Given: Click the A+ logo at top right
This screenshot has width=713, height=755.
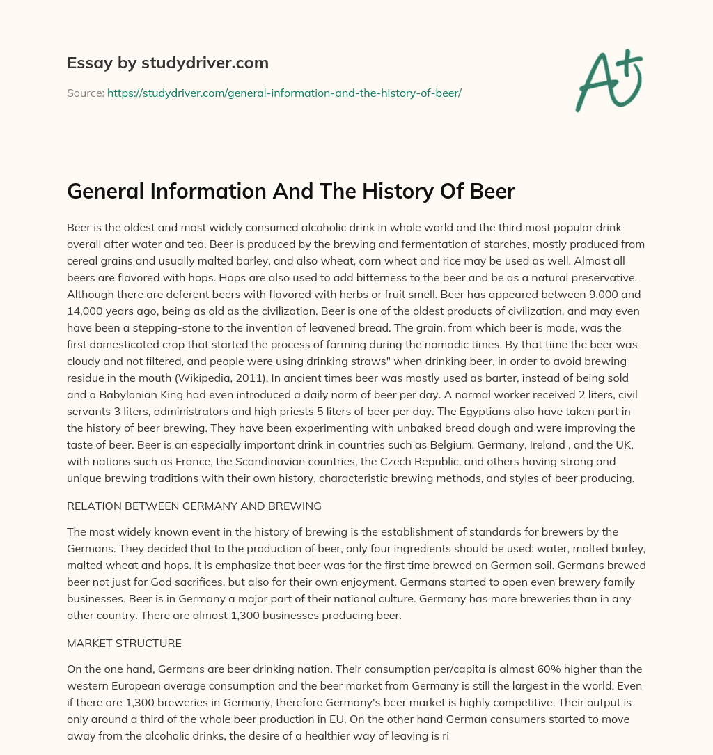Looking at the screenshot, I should pos(609,80).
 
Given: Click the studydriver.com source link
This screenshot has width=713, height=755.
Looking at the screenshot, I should pos(284,93).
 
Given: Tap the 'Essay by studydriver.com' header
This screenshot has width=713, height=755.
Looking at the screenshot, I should pos(167,63).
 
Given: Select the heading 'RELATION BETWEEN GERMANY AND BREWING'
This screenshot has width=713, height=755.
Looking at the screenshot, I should pos(194,506).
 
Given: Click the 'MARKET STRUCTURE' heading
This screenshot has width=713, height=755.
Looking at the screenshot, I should pos(124,643).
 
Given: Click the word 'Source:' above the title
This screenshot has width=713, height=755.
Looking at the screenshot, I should pos(85,93).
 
